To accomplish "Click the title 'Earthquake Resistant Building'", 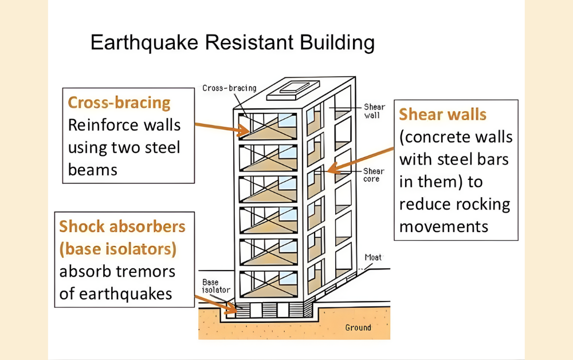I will (x=233, y=43).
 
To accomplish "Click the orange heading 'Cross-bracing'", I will (x=119, y=103).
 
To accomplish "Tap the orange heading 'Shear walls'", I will (x=442, y=114).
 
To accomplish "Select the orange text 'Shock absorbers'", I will (x=122, y=226).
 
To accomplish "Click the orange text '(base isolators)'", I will (x=117, y=249).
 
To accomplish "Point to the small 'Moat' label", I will (x=373, y=258).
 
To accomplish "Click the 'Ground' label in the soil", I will (x=358, y=328).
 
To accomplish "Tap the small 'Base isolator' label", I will (x=217, y=285).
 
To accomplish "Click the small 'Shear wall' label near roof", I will (x=374, y=111).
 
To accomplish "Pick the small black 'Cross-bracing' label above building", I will (x=229, y=88).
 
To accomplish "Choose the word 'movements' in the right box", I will (x=444, y=226).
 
